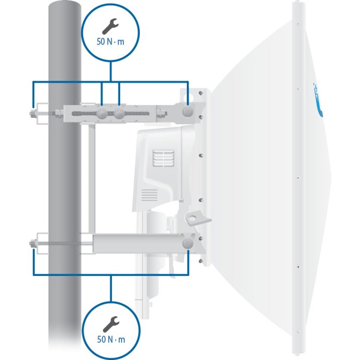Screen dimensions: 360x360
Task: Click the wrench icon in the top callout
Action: [111, 27]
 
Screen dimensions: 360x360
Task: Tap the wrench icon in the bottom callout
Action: [111, 323]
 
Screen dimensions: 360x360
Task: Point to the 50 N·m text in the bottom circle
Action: [111, 339]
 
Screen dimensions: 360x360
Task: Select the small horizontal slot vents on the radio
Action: [149, 195]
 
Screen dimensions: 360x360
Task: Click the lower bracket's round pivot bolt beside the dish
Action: [188, 243]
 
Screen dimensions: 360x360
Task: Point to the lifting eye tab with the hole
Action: [193, 218]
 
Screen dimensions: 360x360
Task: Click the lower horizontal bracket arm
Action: [137, 243]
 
